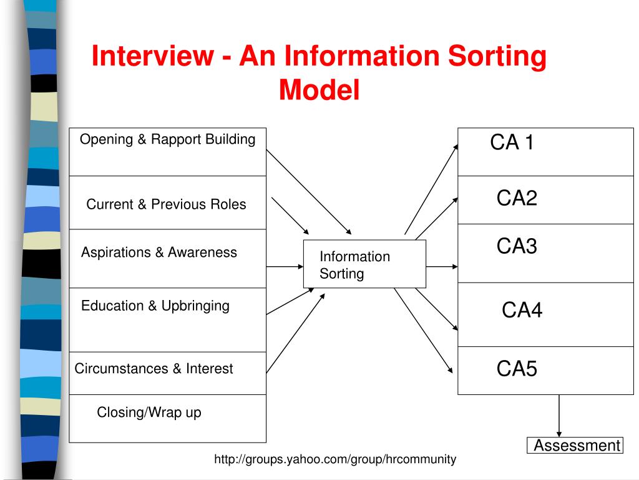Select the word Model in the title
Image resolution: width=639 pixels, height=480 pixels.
pyautogui.click(x=319, y=90)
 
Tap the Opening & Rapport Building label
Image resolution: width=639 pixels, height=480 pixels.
pyautogui.click(x=167, y=139)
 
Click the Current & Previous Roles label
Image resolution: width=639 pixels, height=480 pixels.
pyautogui.click(x=166, y=204)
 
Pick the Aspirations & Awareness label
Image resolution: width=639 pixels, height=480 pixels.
pyautogui.click(x=159, y=252)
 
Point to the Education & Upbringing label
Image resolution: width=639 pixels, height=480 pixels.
pyautogui.click(x=155, y=306)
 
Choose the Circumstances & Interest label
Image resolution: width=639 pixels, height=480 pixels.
pyautogui.click(x=154, y=369)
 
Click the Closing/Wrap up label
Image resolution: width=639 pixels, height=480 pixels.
pyautogui.click(x=149, y=412)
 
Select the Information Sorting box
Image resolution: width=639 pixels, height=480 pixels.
pyautogui.click(x=364, y=264)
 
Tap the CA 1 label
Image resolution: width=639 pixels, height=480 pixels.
pyautogui.click(x=512, y=143)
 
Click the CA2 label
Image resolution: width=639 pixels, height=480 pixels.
pyautogui.click(x=517, y=199)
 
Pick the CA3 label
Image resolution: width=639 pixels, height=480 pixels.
pyautogui.click(x=517, y=246)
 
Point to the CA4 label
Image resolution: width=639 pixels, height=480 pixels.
pyautogui.click(x=522, y=310)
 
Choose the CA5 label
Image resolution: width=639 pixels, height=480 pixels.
pyautogui.click(x=517, y=369)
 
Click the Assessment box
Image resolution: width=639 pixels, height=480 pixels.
pyautogui.click(x=575, y=446)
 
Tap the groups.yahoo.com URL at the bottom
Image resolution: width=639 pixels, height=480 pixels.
pyautogui.click(x=335, y=460)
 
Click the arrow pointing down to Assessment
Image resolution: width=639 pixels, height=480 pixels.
pyautogui.click(x=559, y=416)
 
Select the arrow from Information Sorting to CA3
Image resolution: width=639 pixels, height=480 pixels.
pyautogui.click(x=442, y=267)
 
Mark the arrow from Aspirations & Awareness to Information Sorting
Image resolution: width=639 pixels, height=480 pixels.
pyautogui.click(x=285, y=267)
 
